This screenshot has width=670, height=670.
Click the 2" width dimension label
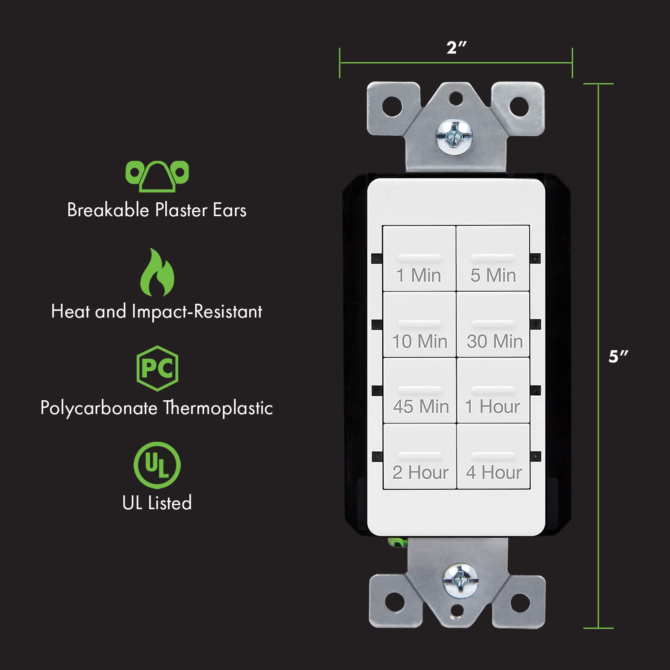[x=456, y=47]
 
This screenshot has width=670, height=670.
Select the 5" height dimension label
[x=618, y=356]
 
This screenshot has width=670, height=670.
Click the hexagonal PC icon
[x=157, y=368]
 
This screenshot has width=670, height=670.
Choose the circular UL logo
[x=157, y=465]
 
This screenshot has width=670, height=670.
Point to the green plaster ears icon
[x=157, y=176]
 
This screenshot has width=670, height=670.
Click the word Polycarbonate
[x=99, y=408]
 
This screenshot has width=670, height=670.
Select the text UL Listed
[x=157, y=503]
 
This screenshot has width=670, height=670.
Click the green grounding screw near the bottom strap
[x=397, y=543]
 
